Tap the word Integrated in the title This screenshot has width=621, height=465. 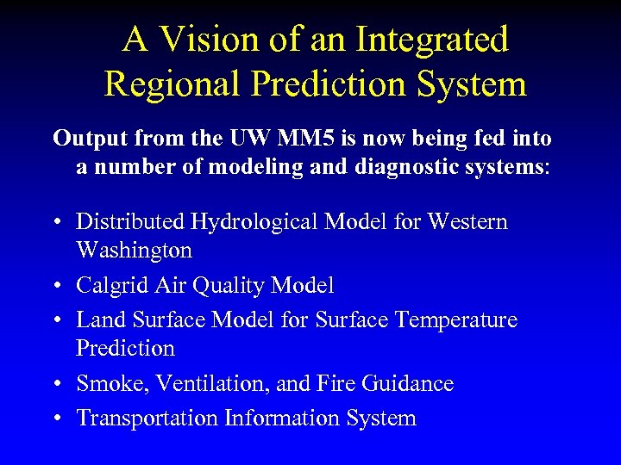coord(432,39)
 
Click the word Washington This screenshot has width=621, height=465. coord(134,251)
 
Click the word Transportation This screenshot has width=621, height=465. coord(147,418)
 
